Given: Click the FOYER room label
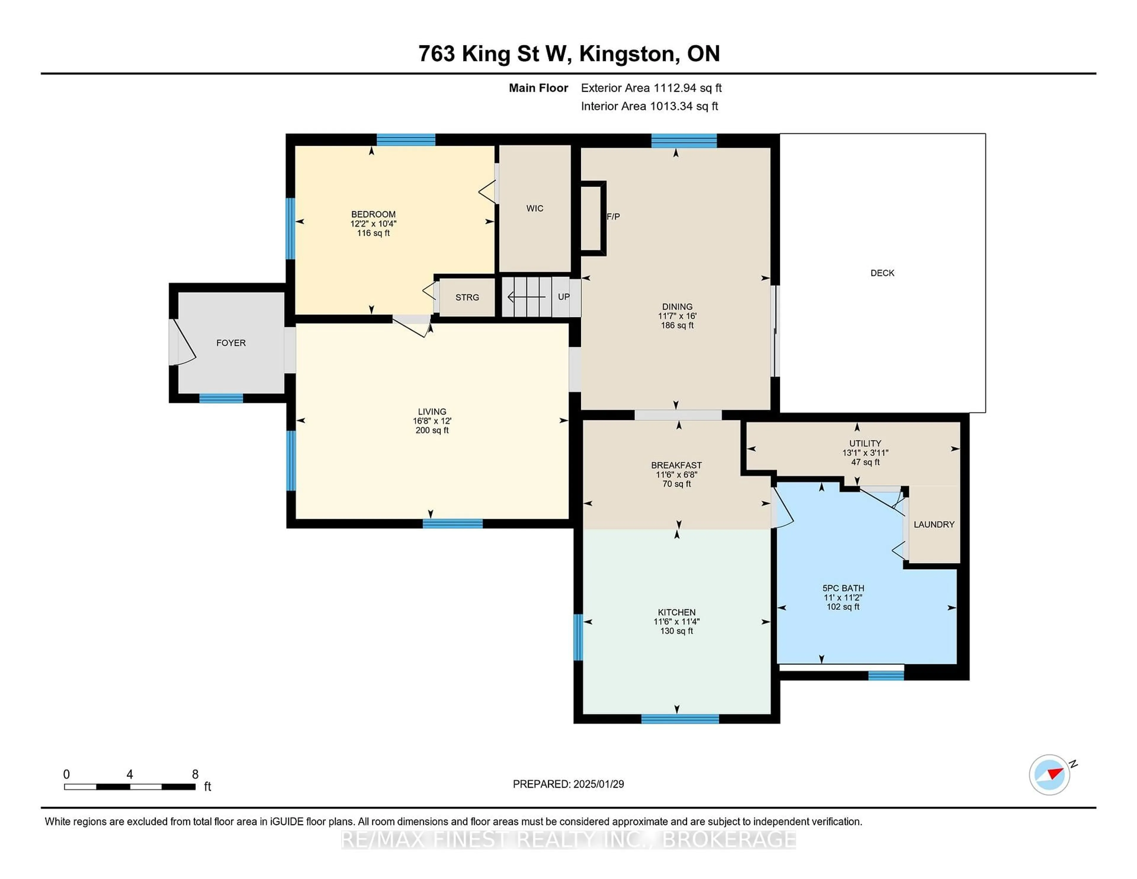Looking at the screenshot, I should coord(231,343).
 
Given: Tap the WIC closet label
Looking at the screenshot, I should coord(535,208).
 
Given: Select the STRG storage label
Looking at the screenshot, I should coord(467,297).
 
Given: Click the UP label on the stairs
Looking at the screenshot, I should coord(563,297).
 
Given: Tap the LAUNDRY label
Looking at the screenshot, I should coord(934,524).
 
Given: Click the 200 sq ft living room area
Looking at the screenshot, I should coord(432,430).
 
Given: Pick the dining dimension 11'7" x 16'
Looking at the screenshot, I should coord(677,316).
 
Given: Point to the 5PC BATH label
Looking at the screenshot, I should coord(843,588).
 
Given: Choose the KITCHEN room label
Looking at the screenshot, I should coord(676,612).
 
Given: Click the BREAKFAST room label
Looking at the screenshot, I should coord(676,465).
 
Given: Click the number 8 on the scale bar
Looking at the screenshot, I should coord(195,774).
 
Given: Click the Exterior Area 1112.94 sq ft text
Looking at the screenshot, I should coord(651,88).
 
